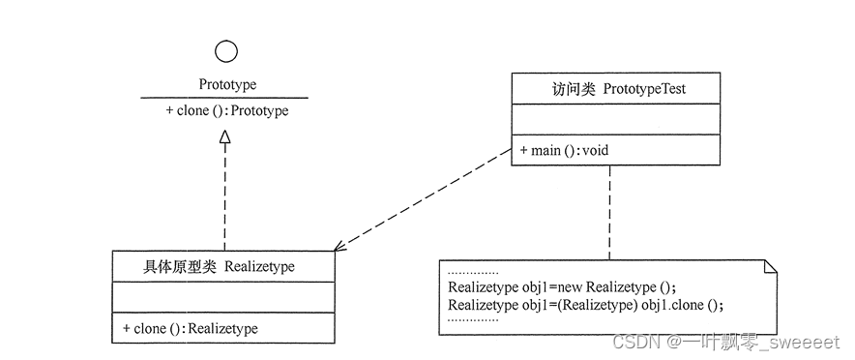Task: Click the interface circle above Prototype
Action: coord(226,51)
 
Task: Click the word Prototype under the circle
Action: coord(227,85)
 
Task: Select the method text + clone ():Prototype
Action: coord(227,110)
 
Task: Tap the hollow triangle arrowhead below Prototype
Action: coord(225,137)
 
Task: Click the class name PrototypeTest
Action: coord(644,90)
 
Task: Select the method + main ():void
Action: coord(564,151)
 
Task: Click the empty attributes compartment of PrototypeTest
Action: coord(615,120)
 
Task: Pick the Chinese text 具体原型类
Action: coord(180,266)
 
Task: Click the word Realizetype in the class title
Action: coord(259,266)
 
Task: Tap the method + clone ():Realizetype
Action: coord(191,328)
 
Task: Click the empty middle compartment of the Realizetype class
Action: coord(223,297)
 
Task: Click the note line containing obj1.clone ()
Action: coord(586,305)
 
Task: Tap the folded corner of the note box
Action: coord(770,267)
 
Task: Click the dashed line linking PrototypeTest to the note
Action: coord(609,213)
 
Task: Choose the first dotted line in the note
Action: coord(473,273)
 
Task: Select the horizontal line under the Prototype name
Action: coord(224,98)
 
